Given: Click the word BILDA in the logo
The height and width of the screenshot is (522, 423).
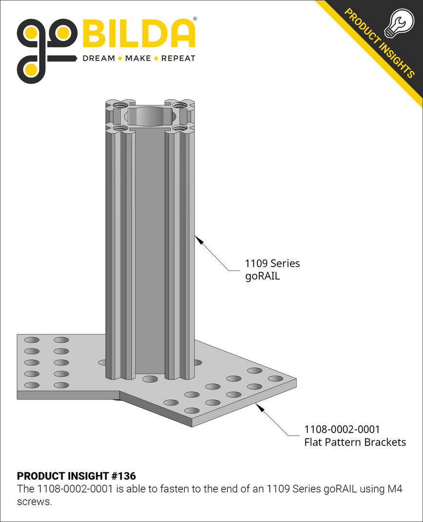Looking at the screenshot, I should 140,34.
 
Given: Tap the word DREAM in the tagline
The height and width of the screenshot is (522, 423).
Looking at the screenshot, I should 99,58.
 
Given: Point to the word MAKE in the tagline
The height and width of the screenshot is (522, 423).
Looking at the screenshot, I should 138,58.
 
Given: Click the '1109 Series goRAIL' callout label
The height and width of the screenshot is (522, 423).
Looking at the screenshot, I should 272,270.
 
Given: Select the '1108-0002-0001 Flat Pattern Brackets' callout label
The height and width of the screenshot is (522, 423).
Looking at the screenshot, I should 355,436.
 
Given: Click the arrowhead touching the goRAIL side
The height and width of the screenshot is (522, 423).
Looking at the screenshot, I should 198,238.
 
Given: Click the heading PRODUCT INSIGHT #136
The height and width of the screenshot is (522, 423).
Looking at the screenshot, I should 76,476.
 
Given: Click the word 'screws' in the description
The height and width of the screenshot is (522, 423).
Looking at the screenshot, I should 34,501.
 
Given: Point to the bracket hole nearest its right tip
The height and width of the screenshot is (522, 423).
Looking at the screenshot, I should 275,378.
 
